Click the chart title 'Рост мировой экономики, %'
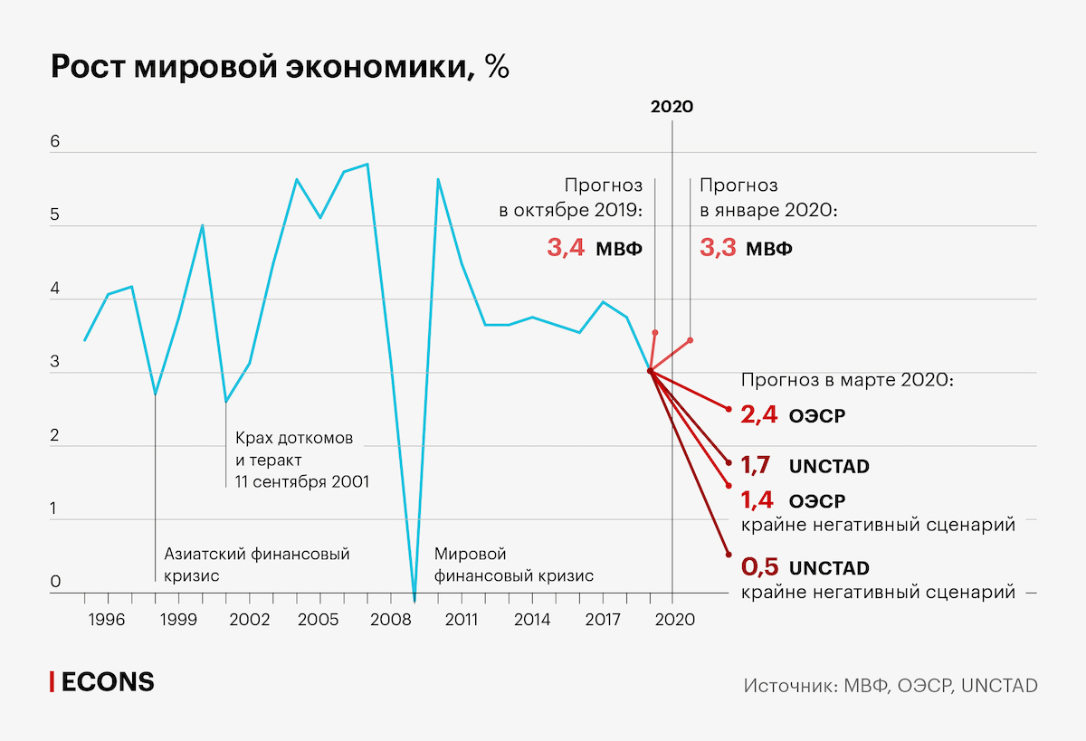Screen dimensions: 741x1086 coord(280,68)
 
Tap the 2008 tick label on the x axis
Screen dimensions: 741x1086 coord(390,620)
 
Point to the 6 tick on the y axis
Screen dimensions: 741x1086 coord(55,142)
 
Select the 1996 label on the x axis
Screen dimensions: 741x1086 coord(108,620)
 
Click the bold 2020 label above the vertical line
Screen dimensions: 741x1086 coord(672,107)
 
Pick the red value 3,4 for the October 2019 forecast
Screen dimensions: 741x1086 coord(566,248)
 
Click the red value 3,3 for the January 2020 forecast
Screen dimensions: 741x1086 coord(719,248)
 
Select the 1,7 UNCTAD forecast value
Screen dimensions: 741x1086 coord(756,467)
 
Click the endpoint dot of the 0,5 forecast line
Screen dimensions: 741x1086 coord(729,555)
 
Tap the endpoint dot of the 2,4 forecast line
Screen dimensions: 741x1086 coord(729,409)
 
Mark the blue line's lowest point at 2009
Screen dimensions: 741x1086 coord(414,600)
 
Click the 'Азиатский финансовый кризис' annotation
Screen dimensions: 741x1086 coord(256,564)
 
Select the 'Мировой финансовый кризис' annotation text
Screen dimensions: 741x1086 coord(514,564)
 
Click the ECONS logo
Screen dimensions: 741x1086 coord(101,682)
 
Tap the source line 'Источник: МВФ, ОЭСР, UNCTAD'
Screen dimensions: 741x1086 coord(890,685)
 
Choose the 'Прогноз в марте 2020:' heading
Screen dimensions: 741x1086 coord(846,381)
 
